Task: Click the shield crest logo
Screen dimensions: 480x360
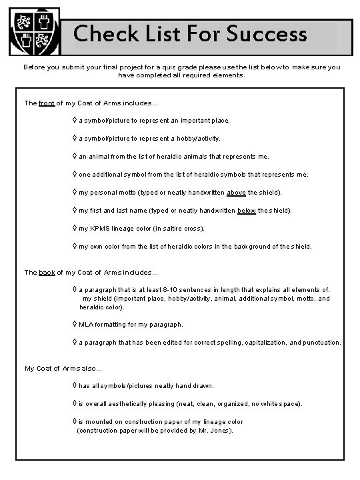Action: tap(35, 31)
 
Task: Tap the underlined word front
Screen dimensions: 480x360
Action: tap(47, 103)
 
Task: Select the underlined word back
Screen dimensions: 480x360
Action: tap(47, 272)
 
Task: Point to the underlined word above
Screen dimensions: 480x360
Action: tap(236, 193)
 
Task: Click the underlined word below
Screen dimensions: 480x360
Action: tap(247, 211)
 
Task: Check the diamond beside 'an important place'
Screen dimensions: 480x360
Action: tap(75, 121)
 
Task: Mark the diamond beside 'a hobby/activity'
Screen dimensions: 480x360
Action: tap(75, 139)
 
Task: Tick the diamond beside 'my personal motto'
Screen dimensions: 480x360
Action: tap(75, 193)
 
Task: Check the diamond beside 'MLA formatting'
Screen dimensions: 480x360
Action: tap(75, 325)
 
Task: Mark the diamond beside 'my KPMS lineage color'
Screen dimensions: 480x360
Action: tap(75, 229)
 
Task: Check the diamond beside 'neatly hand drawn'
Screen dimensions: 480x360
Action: tap(75, 386)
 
